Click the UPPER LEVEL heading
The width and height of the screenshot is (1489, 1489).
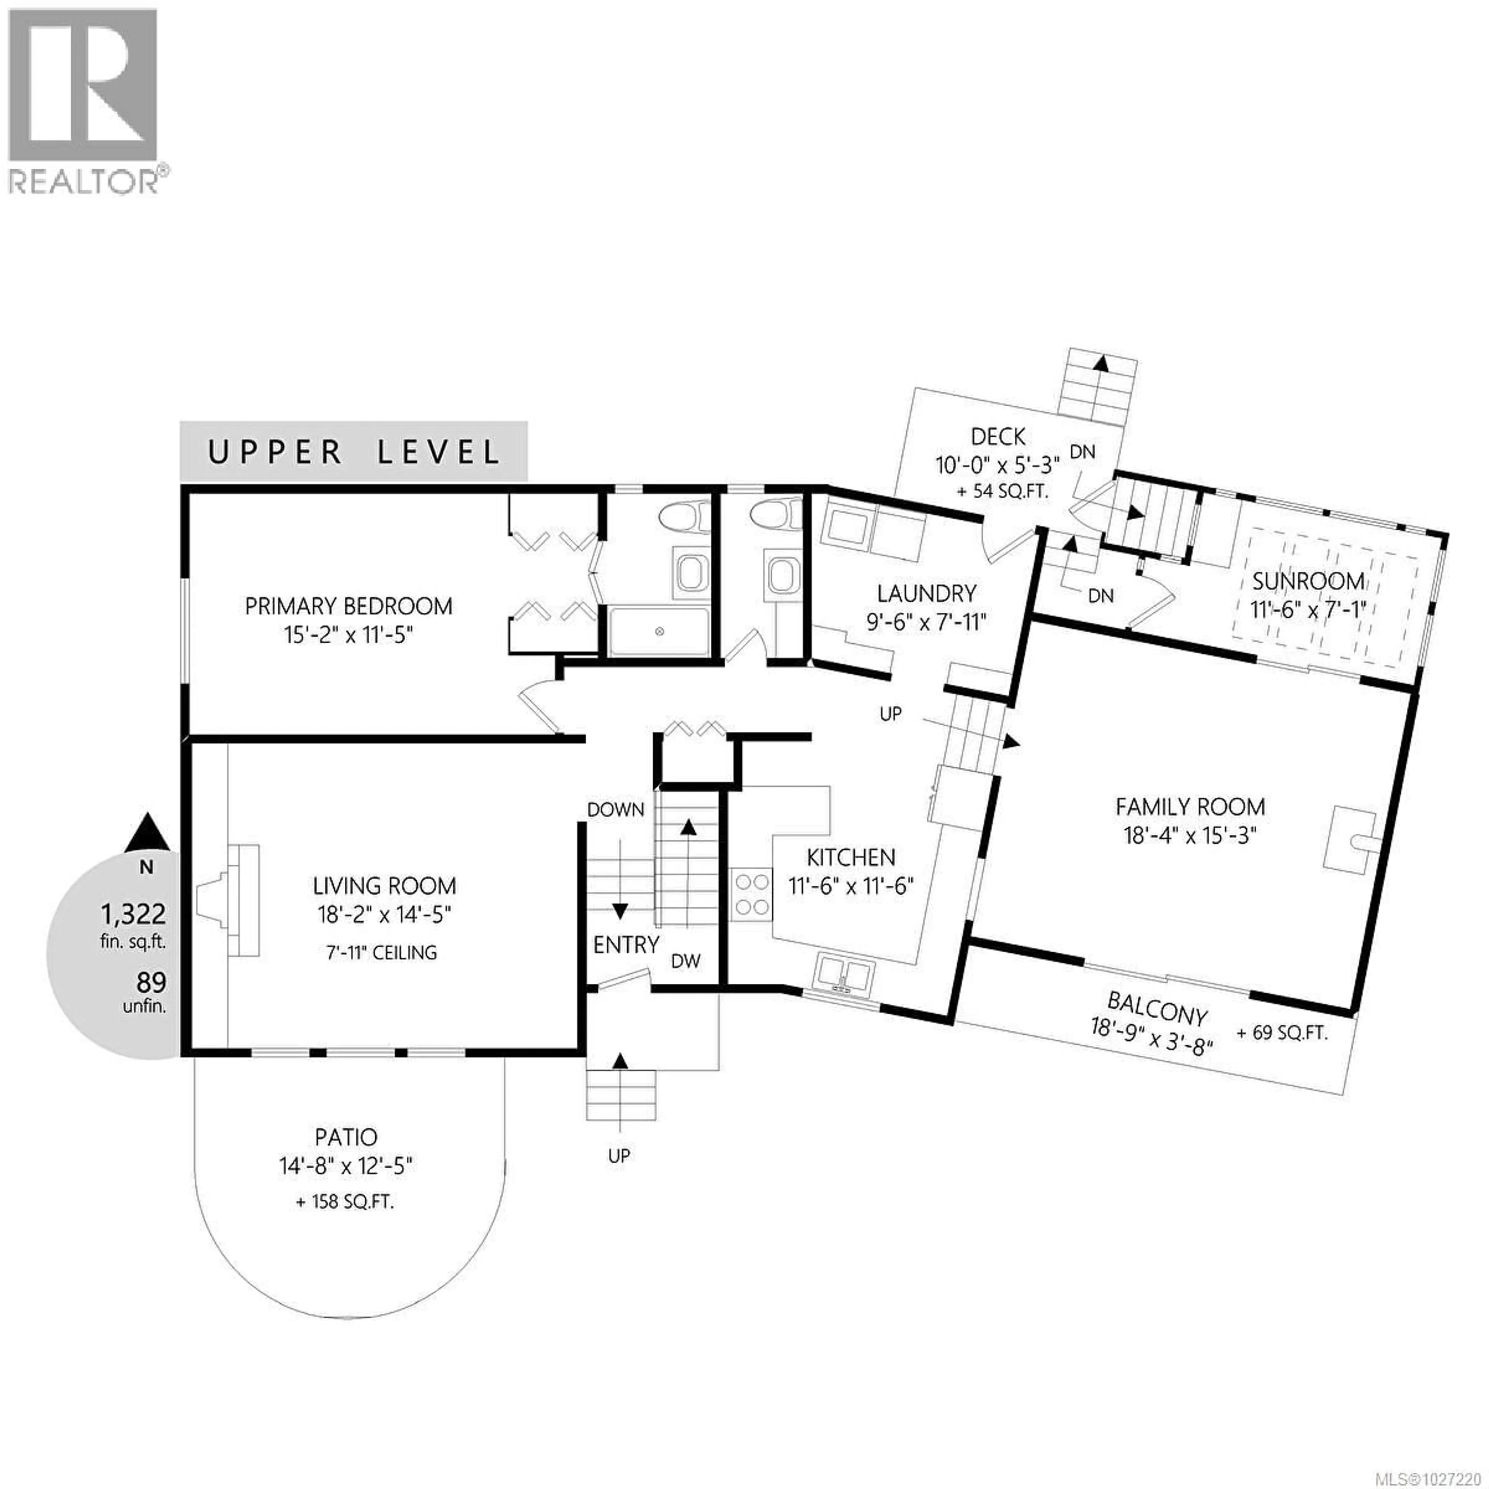coord(354,453)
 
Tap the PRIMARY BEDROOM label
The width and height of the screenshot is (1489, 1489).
coord(348,606)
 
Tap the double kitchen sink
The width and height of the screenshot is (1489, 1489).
coord(845,973)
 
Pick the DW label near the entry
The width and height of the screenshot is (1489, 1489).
coord(685,961)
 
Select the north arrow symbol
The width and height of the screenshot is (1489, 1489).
coord(147,831)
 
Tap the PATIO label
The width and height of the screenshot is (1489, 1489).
coord(346,1138)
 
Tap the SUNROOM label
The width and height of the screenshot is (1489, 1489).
coord(1308,581)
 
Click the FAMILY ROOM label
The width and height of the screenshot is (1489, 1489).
coord(1190,807)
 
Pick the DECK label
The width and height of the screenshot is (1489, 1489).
coord(998,437)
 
